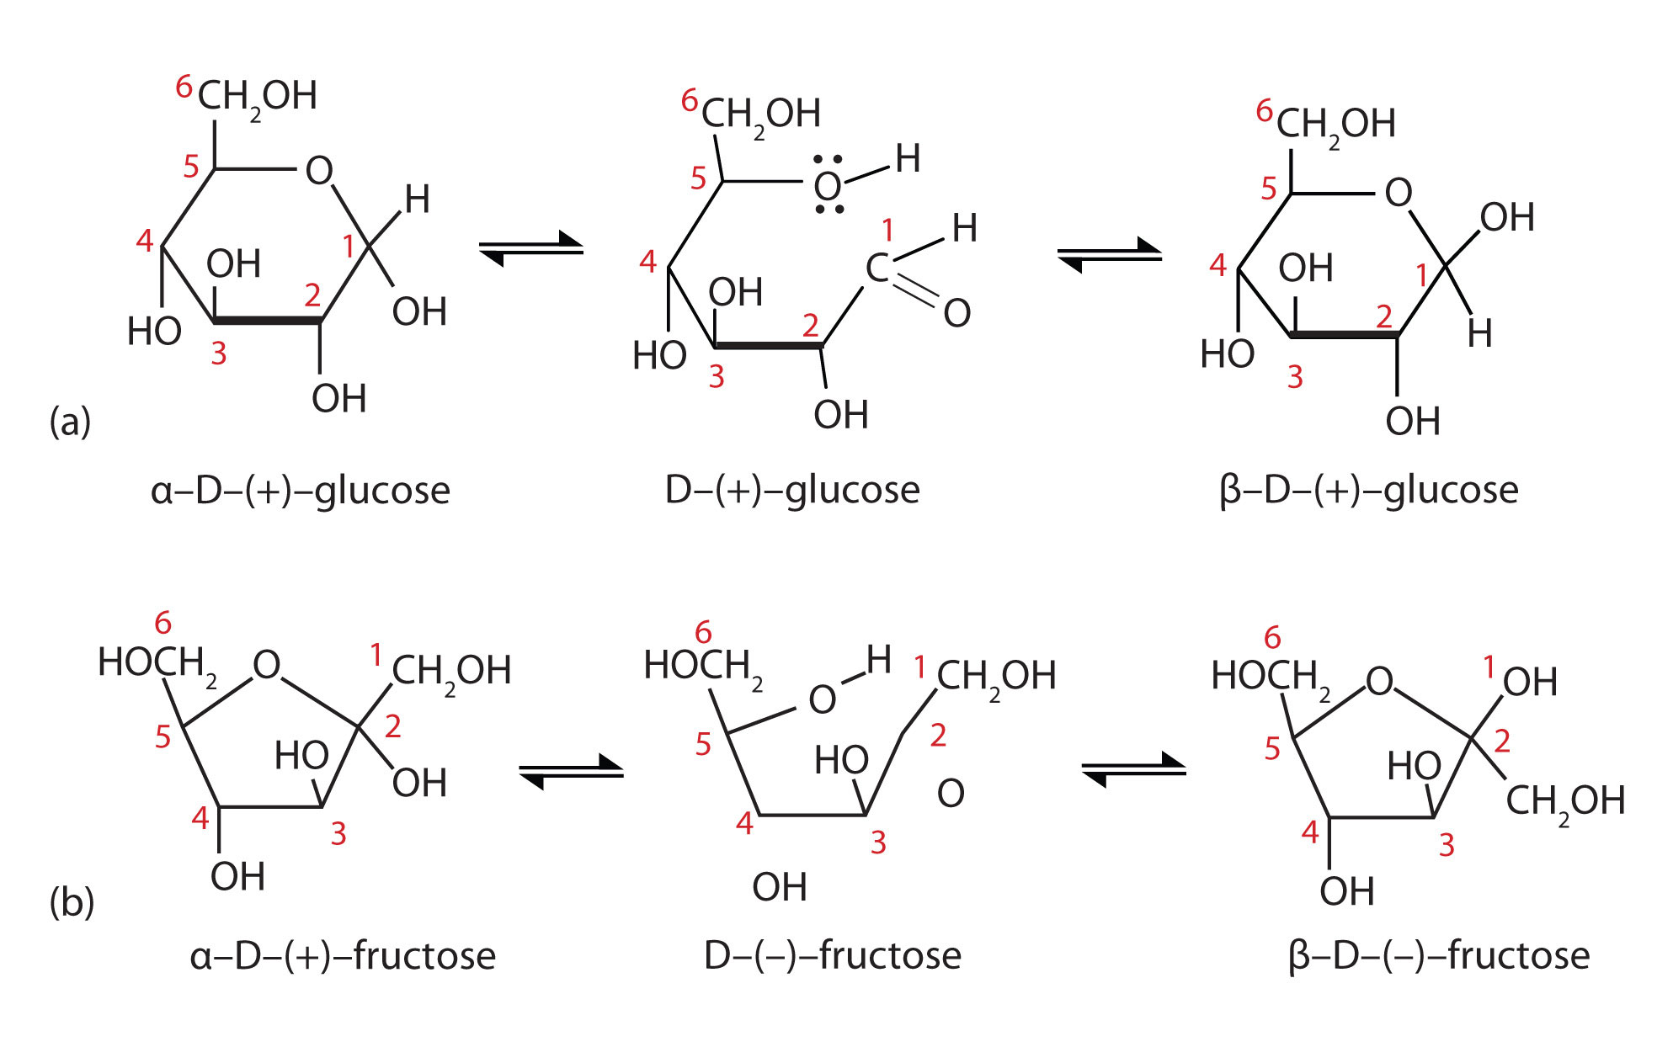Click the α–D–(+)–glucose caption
pyautogui.click(x=301, y=491)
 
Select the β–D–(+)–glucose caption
pyautogui.click(x=1368, y=491)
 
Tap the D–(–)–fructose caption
pyautogui.click(x=832, y=956)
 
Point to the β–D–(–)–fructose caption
pyautogui.click(x=1439, y=956)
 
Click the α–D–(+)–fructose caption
pyautogui.click(x=343, y=956)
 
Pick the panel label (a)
pyautogui.click(x=70, y=421)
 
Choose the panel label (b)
pyautogui.click(x=72, y=902)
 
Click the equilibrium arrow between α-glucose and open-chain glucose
pyautogui.click(x=531, y=247)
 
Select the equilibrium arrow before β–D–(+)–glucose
pyautogui.click(x=1109, y=253)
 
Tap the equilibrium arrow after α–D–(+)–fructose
pyautogui.click(x=571, y=770)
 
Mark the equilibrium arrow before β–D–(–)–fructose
pyautogui.click(x=1133, y=768)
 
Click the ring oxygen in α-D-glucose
pyautogui.click(x=319, y=171)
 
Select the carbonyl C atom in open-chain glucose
pyautogui.click(x=876, y=268)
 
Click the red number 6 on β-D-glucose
pyautogui.click(x=1264, y=110)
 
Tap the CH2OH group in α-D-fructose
pyautogui.click(x=451, y=672)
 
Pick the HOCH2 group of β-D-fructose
pyautogui.click(x=1270, y=677)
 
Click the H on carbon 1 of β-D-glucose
pyautogui.click(x=1479, y=334)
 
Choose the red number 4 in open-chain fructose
pyautogui.click(x=744, y=822)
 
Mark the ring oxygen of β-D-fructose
pyautogui.click(x=1379, y=681)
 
